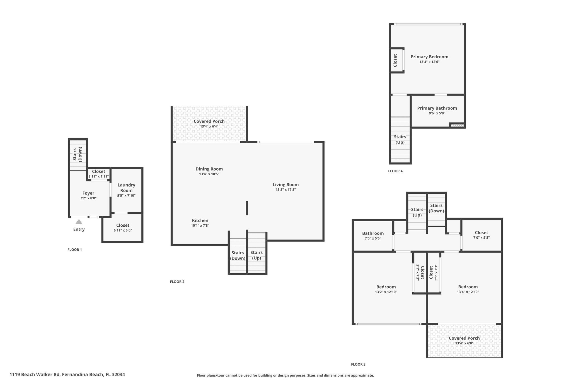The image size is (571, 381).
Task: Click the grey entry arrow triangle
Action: [79, 222]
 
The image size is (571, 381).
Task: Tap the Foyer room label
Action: [88, 193]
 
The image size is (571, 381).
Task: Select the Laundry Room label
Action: [126, 188]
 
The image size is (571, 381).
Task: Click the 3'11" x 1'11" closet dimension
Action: [99, 176]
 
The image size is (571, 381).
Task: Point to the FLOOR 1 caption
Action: [75, 250]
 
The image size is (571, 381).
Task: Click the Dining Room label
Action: [209, 169]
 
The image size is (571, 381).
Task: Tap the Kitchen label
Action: [200, 221]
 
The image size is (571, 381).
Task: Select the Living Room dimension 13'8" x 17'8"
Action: [286, 190]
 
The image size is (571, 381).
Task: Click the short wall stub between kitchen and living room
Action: [247, 208]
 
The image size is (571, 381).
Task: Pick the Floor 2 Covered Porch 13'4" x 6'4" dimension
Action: [209, 126]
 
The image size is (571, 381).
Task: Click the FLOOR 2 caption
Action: [177, 282]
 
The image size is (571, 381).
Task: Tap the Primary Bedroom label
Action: [430, 57]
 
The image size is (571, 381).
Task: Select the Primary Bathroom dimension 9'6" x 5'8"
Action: [437, 113]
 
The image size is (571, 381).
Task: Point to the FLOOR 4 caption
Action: [395, 171]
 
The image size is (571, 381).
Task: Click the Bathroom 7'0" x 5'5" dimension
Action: [373, 238]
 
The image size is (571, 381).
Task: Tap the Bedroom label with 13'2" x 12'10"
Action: [386, 287]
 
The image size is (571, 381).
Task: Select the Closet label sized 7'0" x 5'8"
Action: [482, 233]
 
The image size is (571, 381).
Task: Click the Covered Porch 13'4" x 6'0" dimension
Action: [464, 343]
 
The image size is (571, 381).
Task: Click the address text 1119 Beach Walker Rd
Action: [35, 374]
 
